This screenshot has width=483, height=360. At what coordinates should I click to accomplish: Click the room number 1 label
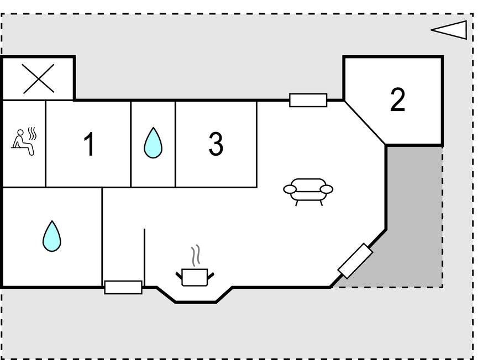[89, 144]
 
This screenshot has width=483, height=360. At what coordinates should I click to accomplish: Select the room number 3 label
[216, 144]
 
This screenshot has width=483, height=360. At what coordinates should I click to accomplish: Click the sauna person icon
[23, 142]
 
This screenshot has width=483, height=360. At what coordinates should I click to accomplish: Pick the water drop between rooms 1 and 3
[153, 143]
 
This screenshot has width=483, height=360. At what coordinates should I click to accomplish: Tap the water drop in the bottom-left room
[52, 236]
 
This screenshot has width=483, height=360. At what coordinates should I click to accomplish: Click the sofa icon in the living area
[308, 192]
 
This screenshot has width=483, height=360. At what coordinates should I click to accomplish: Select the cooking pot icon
[195, 277]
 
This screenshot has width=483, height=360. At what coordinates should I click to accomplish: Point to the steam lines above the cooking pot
[196, 256]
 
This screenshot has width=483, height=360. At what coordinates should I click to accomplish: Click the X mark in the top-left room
[39, 78]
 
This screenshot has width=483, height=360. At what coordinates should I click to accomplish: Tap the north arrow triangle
[449, 30]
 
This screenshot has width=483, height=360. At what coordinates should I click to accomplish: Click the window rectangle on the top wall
[308, 100]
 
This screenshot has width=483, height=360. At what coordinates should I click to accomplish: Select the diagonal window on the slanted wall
[355, 261]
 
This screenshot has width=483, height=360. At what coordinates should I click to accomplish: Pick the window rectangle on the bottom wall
[123, 287]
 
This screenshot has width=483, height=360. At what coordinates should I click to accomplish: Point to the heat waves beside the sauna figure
[32, 134]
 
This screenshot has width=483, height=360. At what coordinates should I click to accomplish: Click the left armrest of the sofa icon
[290, 189]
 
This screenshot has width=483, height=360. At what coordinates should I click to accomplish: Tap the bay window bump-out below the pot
[195, 295]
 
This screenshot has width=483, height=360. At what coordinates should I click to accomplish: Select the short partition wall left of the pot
[144, 258]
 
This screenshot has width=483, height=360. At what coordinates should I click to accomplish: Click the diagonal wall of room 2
[365, 123]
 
